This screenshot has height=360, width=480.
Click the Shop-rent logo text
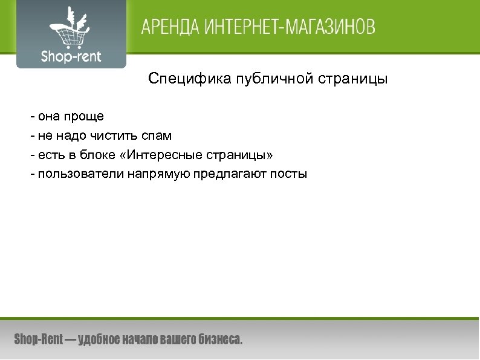coord(71,57)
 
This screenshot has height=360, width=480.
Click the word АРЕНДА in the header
coord(170,28)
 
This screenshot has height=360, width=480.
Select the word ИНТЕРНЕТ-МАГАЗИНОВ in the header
coord(290,28)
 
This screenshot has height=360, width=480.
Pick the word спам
coord(156,136)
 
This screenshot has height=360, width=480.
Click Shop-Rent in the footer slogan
coord(38,340)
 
